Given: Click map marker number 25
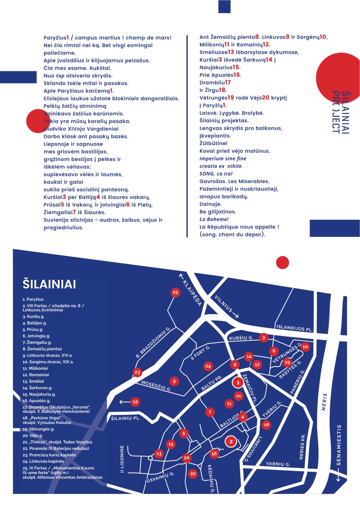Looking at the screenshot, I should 175,292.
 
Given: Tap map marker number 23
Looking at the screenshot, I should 137,372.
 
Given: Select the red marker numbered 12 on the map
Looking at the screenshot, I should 135,402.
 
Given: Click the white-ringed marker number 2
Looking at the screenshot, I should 231,441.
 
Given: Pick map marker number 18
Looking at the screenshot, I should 266,425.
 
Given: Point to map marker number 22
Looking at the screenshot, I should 193,473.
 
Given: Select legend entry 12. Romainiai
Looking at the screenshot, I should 36,374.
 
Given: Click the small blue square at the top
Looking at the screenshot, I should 224,6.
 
